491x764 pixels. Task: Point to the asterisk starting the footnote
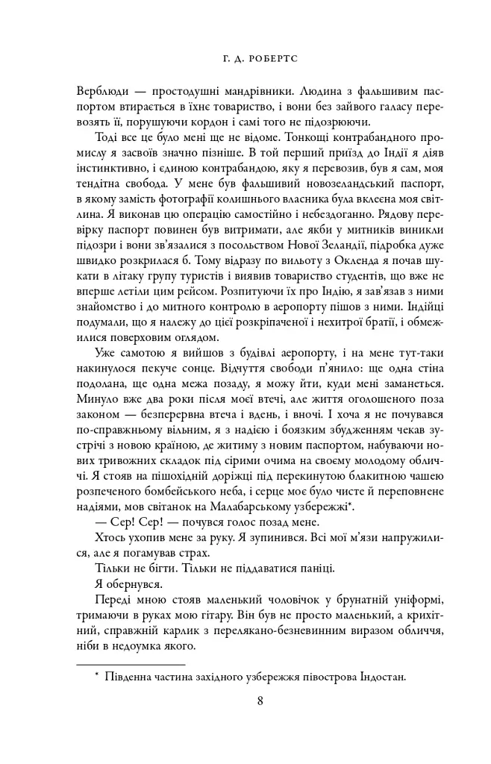96,675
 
